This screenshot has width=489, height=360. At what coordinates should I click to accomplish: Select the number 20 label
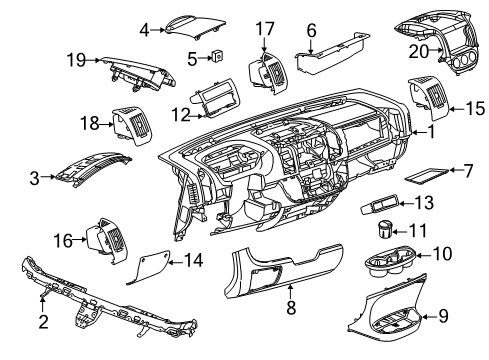pos(420,52)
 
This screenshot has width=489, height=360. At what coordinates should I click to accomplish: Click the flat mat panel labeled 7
pos(424,177)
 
